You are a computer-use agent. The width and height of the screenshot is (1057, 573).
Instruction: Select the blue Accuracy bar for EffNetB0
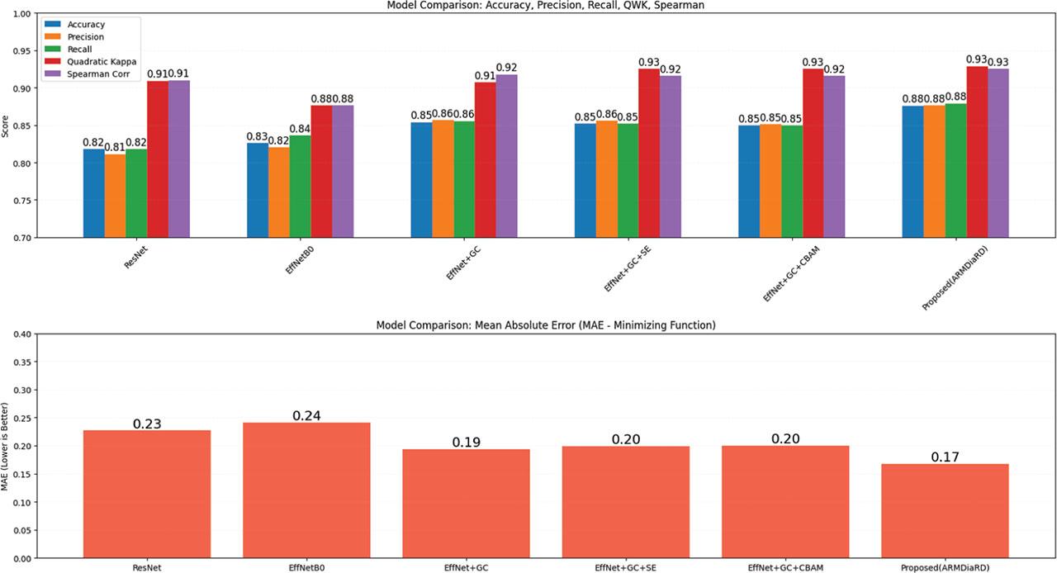[258, 190]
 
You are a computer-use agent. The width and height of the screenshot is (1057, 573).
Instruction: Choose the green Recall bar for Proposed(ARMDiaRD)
[955, 170]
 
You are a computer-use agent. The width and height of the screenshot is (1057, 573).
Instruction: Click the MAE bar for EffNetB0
[306, 490]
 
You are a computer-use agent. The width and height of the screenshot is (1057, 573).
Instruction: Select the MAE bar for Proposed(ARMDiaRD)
[945, 511]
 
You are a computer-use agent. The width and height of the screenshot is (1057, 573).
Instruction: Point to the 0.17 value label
[945, 457]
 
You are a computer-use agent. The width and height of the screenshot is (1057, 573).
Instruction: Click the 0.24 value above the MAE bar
[306, 415]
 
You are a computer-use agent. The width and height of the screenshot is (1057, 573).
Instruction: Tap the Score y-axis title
[6, 126]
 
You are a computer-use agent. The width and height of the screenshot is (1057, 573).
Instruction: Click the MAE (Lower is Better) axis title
[6, 446]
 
